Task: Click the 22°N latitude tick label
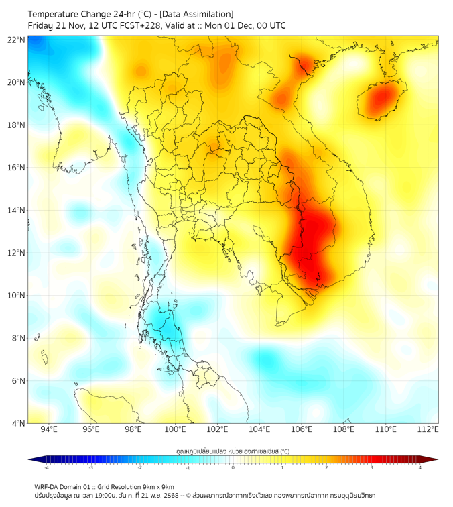[x=17, y=40]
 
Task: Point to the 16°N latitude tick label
[x=17, y=168]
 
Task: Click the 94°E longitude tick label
[x=49, y=429]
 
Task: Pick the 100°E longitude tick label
[x=175, y=429]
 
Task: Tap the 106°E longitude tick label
[x=302, y=429]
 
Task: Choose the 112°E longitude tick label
[x=428, y=429]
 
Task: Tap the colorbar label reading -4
[x=46, y=467]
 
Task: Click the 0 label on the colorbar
[x=233, y=467]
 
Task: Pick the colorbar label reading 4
[x=420, y=467]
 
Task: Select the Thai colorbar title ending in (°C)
[x=233, y=451]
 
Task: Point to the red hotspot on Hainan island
[x=381, y=98]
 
